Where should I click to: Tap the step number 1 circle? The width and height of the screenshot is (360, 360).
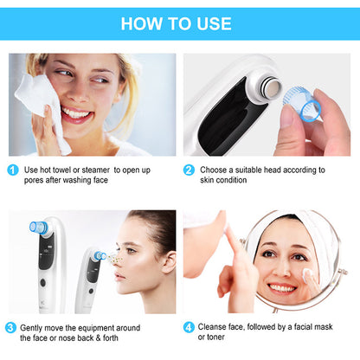(13, 170)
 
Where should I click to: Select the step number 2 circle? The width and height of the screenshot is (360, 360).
(189, 170)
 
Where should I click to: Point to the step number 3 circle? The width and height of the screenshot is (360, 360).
(10, 328)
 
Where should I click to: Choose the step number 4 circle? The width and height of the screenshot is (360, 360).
(189, 328)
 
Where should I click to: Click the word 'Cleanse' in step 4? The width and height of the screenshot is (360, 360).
(215, 328)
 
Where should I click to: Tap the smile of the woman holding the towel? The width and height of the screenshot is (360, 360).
(76, 113)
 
